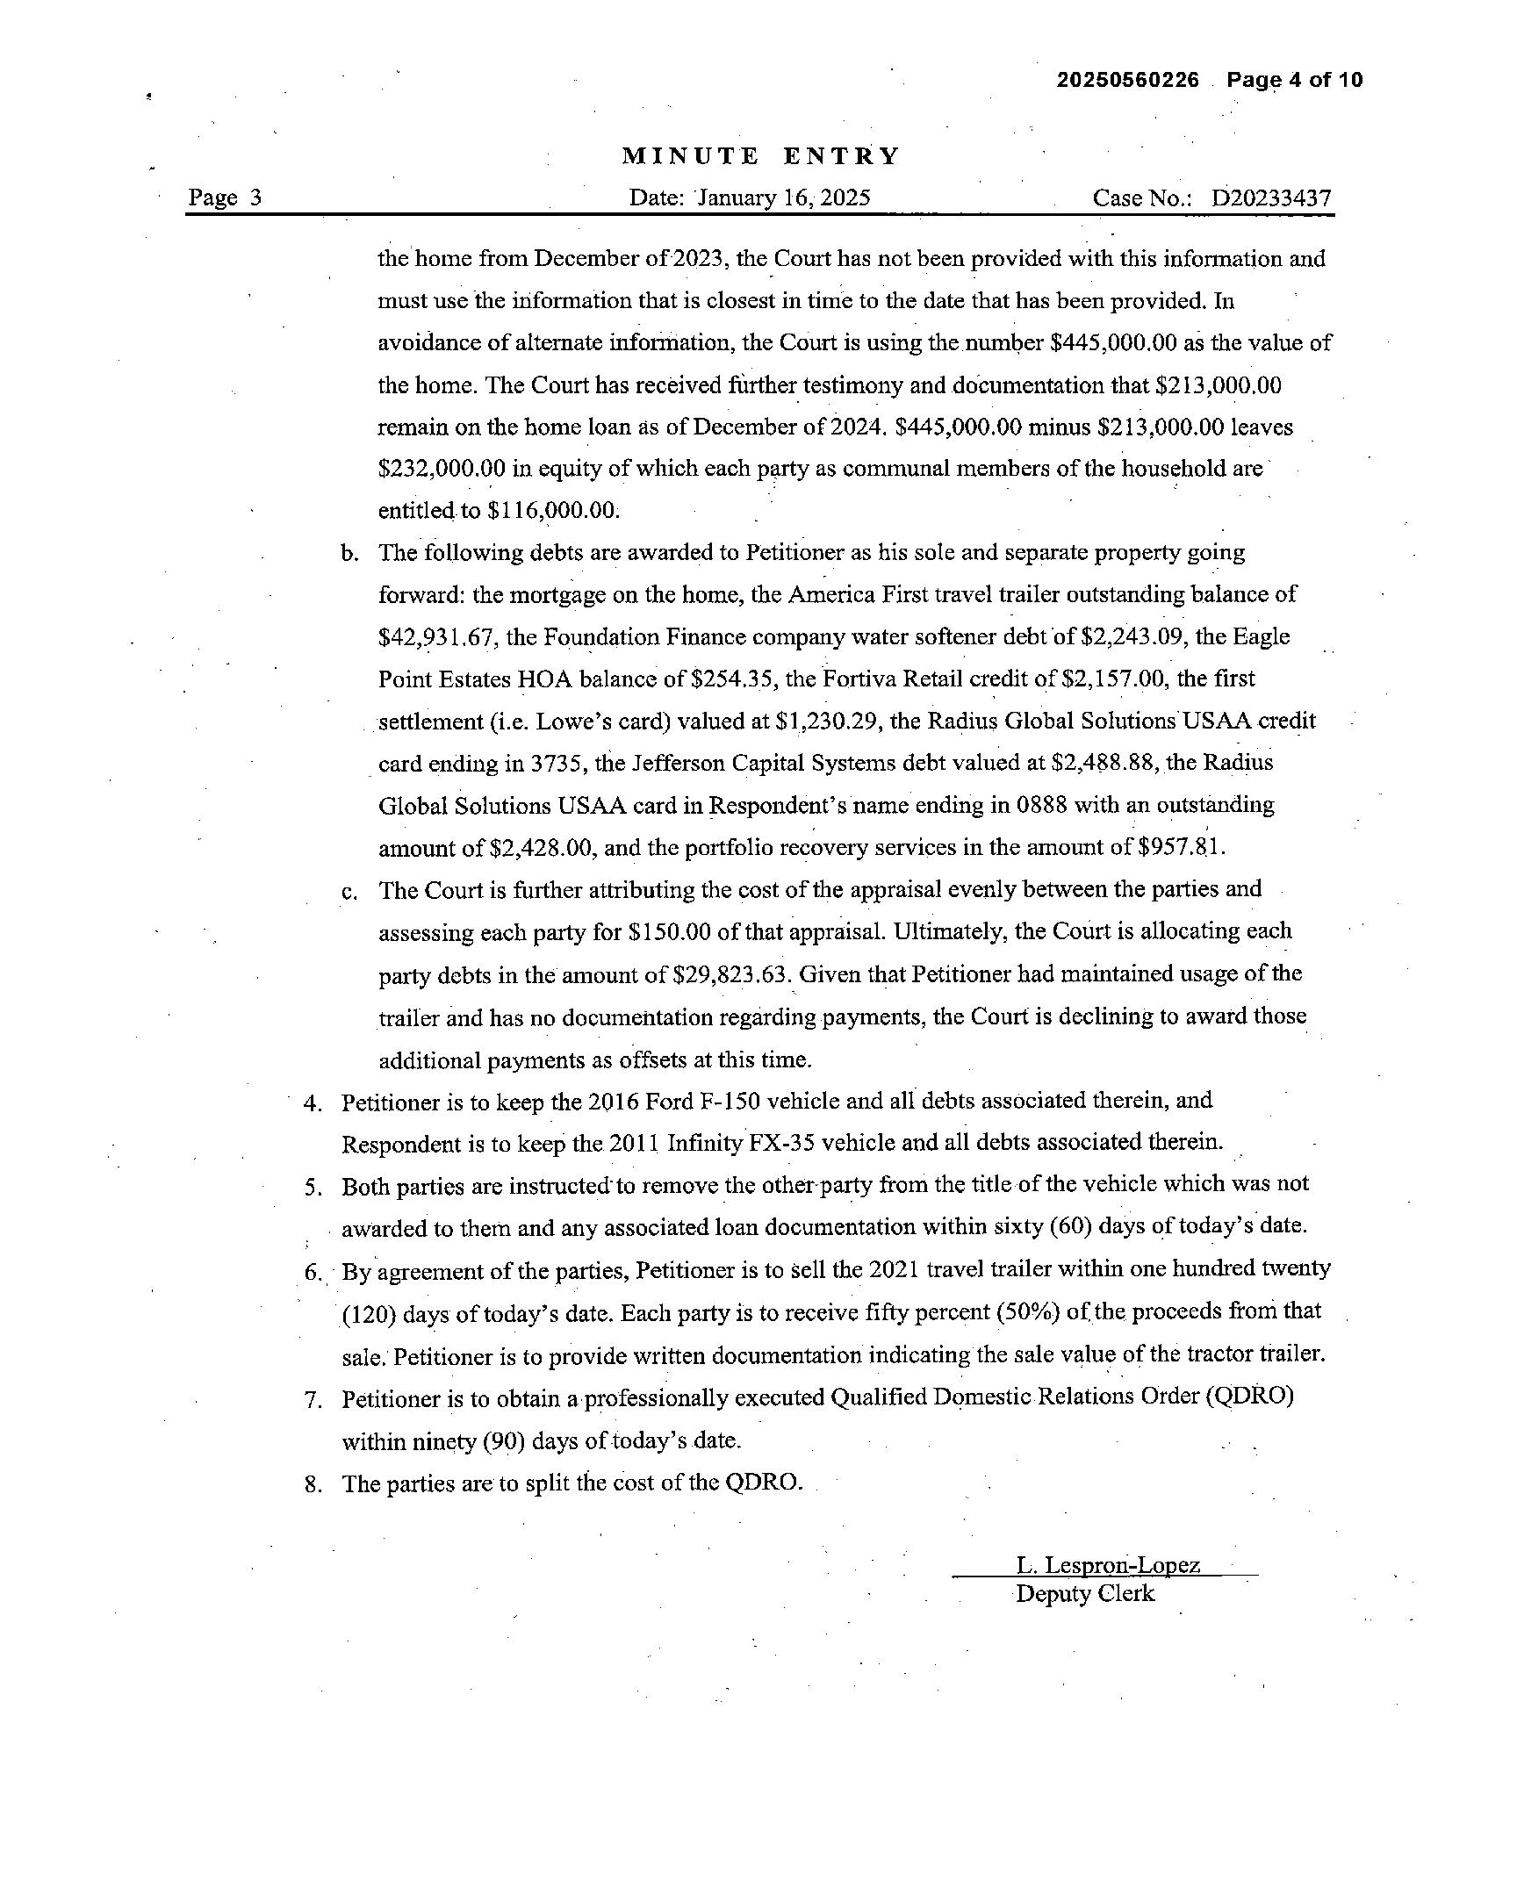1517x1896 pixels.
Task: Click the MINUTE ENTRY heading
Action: (x=761, y=156)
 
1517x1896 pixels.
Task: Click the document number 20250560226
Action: (x=1127, y=80)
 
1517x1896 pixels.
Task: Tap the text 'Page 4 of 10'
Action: (x=1295, y=80)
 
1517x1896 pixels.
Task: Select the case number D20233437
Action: (x=1271, y=197)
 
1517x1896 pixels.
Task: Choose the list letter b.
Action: (x=349, y=554)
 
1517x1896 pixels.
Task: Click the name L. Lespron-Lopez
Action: (x=1107, y=1565)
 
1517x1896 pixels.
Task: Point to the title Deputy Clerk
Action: (x=1084, y=1594)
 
